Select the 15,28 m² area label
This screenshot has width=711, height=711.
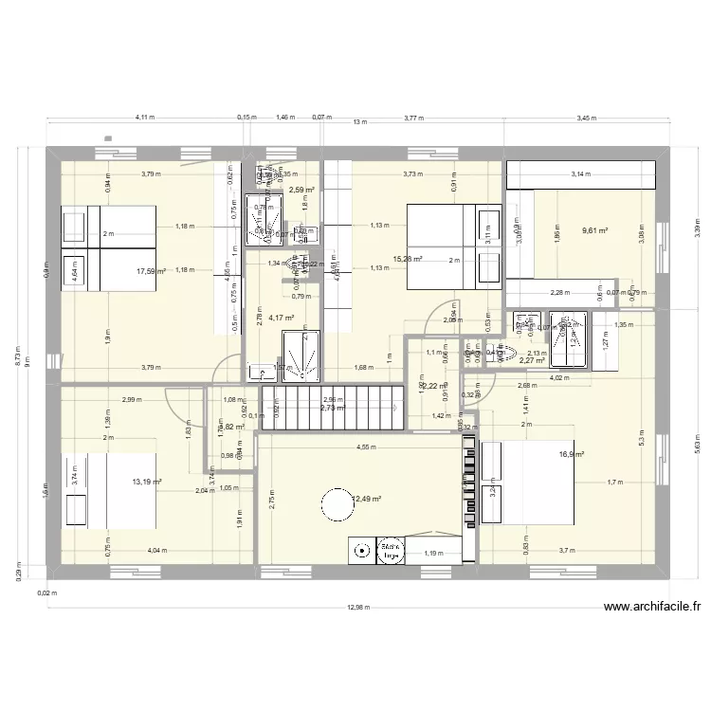[408, 258]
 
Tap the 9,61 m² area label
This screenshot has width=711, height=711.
[594, 230]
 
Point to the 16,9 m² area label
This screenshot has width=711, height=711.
[572, 454]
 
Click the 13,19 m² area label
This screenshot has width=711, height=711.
[147, 482]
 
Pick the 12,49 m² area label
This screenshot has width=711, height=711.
[367, 498]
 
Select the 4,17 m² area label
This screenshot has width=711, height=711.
[282, 319]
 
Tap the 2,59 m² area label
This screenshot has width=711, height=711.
[301, 191]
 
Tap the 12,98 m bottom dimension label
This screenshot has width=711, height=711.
[360, 609]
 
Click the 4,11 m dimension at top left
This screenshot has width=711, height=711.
[144, 118]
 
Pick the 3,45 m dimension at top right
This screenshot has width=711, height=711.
[588, 118]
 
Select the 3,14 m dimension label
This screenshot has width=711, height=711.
[578, 174]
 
